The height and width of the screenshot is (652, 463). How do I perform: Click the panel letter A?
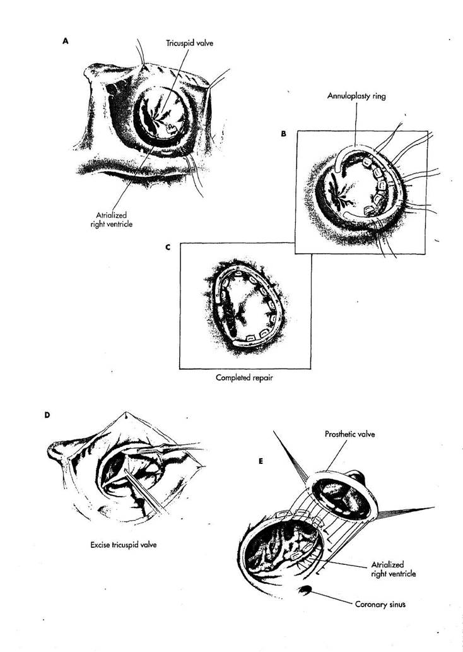point(65,41)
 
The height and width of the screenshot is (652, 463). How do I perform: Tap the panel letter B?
point(283,134)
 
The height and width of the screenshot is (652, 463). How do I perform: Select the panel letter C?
point(168,247)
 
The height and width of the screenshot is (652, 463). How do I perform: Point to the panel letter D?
point(47,415)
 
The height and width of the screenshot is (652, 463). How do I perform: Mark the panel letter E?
point(261,461)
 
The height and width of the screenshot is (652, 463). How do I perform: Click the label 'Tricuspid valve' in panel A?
point(189,43)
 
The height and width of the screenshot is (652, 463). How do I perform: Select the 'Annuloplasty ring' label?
point(356,96)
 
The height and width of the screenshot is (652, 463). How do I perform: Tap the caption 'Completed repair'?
point(244,378)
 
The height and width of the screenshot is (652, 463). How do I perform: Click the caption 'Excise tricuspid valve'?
point(124,544)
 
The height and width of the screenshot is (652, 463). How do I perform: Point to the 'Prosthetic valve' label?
point(349,434)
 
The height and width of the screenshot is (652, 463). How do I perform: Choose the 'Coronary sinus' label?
point(380,604)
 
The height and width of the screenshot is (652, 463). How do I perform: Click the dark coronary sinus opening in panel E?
point(305,590)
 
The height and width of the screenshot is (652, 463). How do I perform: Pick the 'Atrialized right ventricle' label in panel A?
point(112,220)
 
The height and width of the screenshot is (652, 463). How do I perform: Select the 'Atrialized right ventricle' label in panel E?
point(393,569)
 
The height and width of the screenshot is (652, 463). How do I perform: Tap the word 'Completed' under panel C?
point(233,378)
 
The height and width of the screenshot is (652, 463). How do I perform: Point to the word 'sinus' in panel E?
point(396,605)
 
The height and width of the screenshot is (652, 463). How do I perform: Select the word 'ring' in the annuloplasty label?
point(378,97)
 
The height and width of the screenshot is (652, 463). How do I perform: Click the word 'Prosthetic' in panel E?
point(339,434)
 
